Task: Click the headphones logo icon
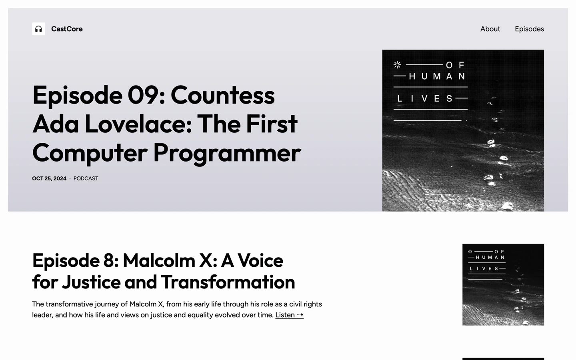tap(38, 29)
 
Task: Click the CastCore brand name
tap(67, 29)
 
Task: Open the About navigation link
tap(490, 29)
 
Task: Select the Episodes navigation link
tap(529, 29)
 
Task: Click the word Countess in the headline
tap(223, 95)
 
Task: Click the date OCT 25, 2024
tap(49, 178)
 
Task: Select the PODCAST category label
tap(86, 178)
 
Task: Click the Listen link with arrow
tap(289, 315)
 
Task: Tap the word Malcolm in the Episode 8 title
tap(159, 260)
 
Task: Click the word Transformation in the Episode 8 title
tap(228, 282)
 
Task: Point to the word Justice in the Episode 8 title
tap(91, 282)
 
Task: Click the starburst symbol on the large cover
tap(397, 65)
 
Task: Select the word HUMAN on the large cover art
tap(437, 76)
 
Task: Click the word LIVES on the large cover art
tap(425, 98)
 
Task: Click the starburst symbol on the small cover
tap(470, 252)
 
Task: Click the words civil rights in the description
tap(306, 304)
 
